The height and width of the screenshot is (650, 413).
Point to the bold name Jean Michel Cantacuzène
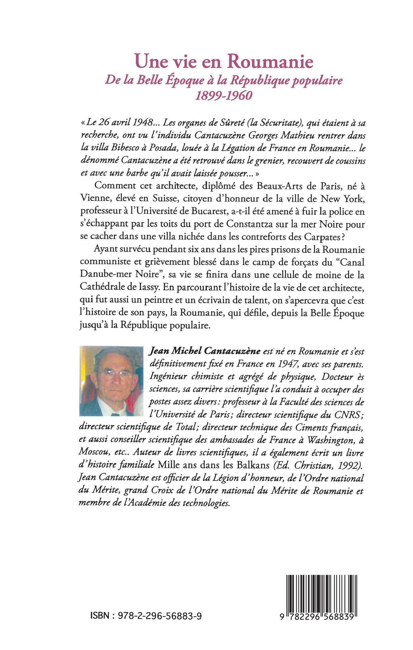click(206, 351)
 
